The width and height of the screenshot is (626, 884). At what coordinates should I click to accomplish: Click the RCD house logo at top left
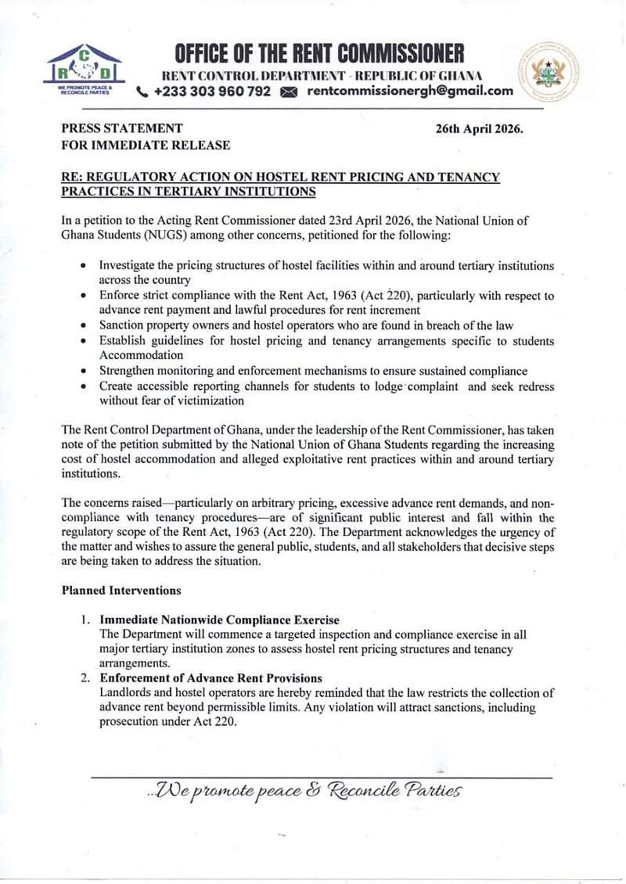pos(84,70)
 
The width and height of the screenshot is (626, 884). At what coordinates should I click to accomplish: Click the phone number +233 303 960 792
pos(213,92)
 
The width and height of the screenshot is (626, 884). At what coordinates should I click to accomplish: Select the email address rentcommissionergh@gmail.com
pos(410,92)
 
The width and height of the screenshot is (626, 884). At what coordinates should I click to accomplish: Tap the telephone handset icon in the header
pos(142,92)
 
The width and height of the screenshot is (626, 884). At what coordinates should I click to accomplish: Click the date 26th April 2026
pos(479,128)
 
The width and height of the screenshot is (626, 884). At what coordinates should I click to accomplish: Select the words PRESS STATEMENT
pos(122,128)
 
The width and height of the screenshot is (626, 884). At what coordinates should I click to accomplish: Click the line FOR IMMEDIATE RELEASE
pos(146,145)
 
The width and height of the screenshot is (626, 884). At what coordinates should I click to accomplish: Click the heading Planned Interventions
pos(121,590)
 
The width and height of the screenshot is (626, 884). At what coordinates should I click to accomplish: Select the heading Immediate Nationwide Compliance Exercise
pos(220,620)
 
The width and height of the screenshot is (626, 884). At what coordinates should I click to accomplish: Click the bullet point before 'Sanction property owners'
pos(84,326)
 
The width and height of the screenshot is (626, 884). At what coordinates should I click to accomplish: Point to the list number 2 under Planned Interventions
pos(85,677)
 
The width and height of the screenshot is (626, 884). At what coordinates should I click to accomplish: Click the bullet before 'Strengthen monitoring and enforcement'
pos(84,372)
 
